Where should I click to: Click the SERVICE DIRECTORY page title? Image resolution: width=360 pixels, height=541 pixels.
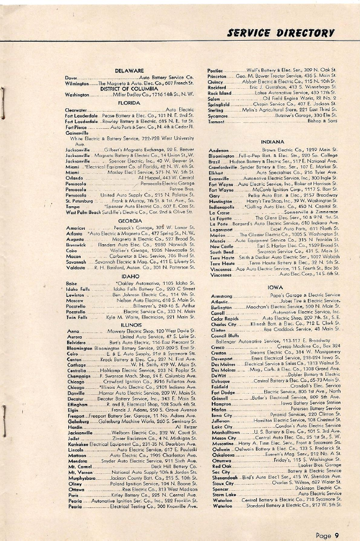point(282,32)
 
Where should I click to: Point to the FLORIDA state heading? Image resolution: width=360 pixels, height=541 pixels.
point(128,102)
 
